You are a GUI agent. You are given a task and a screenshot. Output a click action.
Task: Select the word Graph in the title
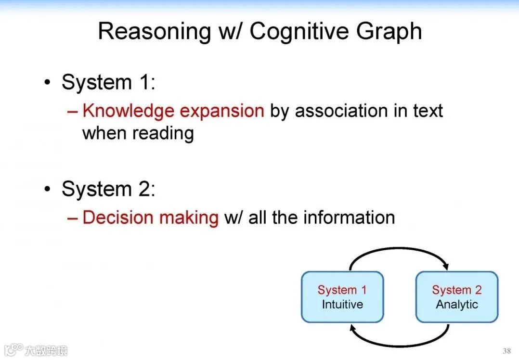pyautogui.click(x=389, y=31)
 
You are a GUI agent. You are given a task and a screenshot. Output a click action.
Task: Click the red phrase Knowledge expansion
pyautogui.click(x=173, y=111)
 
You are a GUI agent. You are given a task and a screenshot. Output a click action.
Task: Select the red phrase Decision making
pyautogui.click(x=150, y=218)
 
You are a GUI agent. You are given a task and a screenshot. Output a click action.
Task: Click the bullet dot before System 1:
pyautogui.click(x=47, y=82)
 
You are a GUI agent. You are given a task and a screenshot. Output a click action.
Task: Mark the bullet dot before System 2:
pyautogui.click(x=47, y=189)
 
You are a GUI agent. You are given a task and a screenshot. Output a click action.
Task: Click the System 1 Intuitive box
pyautogui.click(x=342, y=297)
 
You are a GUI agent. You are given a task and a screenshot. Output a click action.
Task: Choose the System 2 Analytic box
pyautogui.click(x=456, y=297)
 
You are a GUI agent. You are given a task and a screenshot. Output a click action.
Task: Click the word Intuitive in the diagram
pyautogui.click(x=342, y=305)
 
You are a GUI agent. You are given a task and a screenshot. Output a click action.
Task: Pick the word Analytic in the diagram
pyautogui.click(x=456, y=305)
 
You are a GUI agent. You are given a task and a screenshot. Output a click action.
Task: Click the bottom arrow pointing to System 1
pyautogui.click(x=400, y=344)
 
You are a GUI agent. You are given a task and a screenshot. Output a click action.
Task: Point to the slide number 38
pyautogui.click(x=506, y=351)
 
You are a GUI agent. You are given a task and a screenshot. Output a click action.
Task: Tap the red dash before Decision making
pyautogui.click(x=73, y=218)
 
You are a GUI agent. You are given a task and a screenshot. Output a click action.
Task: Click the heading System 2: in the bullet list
pyautogui.click(x=108, y=189)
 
